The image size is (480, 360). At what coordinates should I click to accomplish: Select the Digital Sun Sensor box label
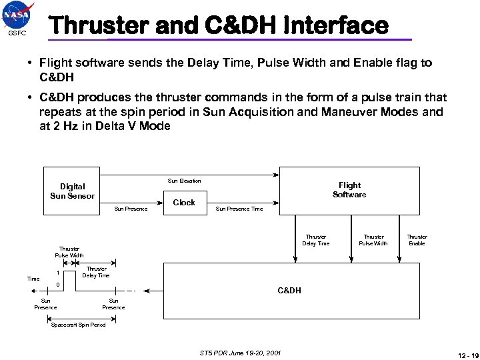tap(73, 191)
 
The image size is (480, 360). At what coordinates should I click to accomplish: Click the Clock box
tap(184, 202)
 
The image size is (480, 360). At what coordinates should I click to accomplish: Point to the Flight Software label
tap(349, 190)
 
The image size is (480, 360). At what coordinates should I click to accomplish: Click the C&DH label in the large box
tap(289, 291)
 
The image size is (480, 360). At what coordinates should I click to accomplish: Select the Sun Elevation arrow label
tap(184, 181)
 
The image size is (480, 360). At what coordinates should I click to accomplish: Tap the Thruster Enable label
tap(417, 240)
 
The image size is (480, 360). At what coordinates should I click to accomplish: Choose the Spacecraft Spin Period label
tap(79, 325)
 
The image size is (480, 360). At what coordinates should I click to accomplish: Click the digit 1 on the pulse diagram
tap(58, 272)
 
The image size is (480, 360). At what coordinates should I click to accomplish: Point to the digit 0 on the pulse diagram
tap(58, 285)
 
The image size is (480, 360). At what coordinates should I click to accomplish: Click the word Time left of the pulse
tap(33, 279)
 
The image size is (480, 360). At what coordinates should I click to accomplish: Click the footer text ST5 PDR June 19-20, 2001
tap(230, 352)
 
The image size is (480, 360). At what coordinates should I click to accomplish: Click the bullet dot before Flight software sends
tap(31, 63)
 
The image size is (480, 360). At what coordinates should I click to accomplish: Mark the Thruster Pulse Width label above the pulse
tap(69, 252)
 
